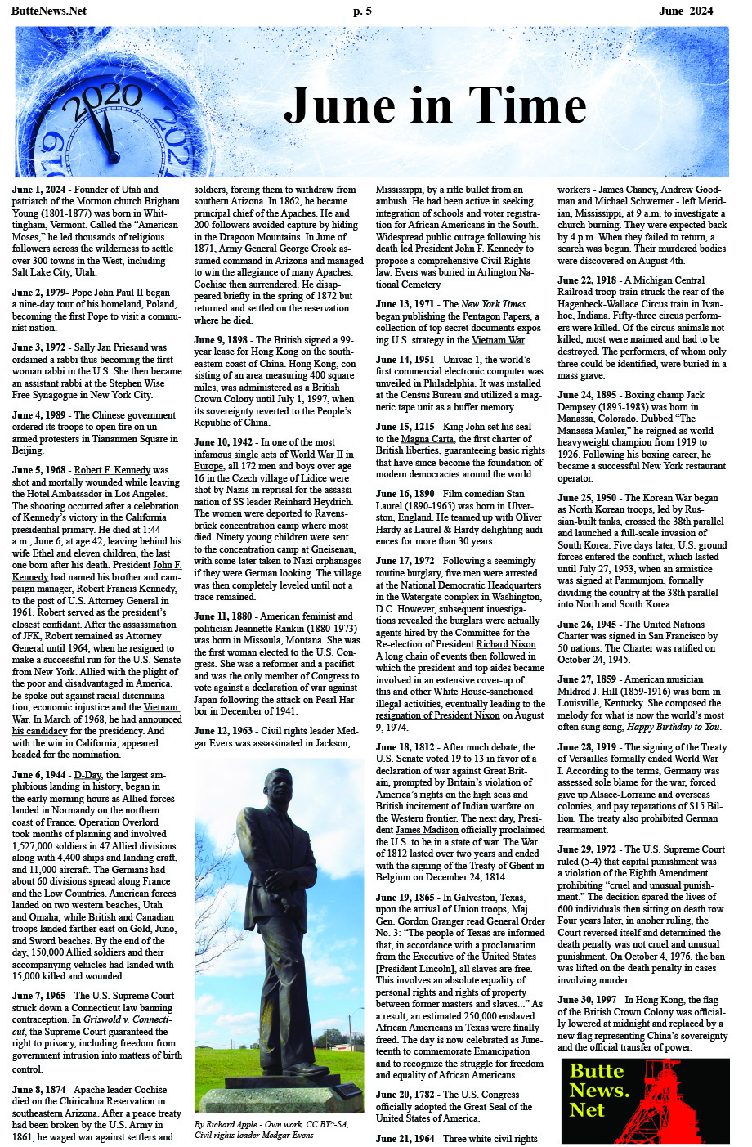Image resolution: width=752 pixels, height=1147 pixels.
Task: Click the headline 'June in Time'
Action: tap(434, 106)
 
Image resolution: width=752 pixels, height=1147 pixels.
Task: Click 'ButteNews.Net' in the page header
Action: tap(50, 11)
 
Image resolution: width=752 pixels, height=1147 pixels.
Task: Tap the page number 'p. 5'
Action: tap(362, 11)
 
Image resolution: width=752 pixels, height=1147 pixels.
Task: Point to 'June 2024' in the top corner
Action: tap(686, 11)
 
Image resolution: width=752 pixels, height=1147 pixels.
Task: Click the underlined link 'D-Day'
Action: tap(88, 774)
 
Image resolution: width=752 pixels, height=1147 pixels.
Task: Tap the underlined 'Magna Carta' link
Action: tap(427, 439)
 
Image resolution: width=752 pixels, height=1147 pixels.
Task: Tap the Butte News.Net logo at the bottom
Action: tap(644, 1100)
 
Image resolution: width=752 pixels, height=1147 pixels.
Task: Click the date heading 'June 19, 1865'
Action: tap(406, 897)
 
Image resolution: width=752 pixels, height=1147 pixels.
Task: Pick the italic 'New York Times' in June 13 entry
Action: tap(493, 304)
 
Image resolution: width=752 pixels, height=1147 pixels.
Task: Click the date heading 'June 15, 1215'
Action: tap(405, 427)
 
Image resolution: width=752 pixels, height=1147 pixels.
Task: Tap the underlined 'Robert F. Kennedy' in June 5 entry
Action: tap(113, 470)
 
